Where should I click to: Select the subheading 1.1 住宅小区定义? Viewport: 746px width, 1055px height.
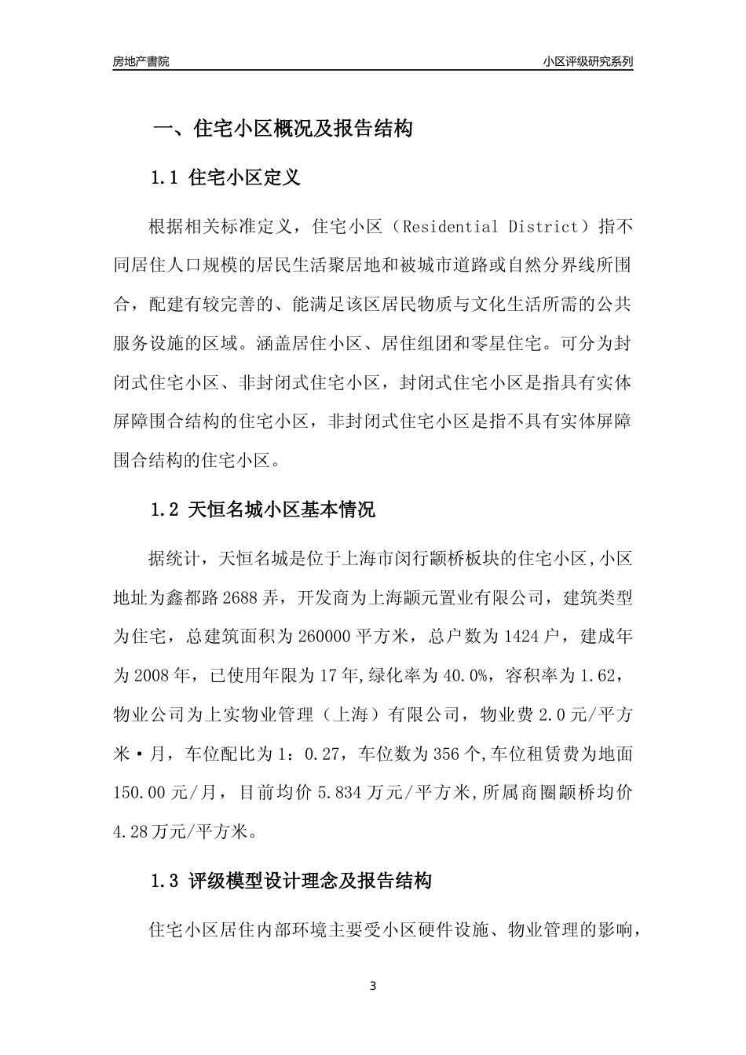click(x=226, y=178)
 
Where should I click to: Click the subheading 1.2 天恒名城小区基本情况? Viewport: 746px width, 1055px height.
click(x=263, y=510)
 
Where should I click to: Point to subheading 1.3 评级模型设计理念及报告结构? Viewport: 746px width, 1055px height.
click(x=291, y=882)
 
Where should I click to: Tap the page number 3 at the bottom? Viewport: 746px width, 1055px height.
click(x=373, y=986)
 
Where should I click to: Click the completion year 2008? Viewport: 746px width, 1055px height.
click(x=151, y=675)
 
